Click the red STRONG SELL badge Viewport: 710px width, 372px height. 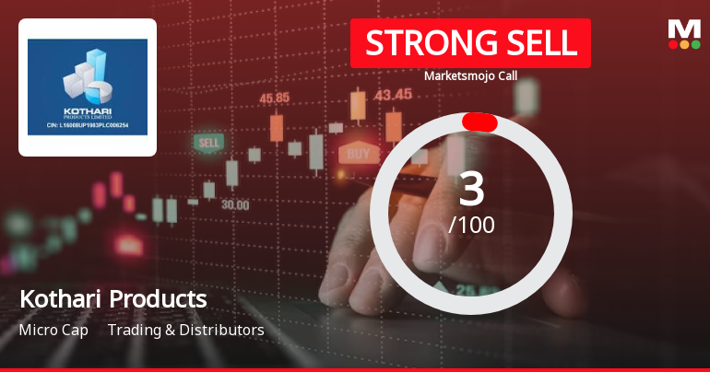point(470,43)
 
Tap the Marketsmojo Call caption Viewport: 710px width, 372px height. point(470,76)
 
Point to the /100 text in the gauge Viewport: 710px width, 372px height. point(471,225)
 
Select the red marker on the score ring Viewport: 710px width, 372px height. point(479,122)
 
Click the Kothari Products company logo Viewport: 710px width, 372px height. point(88,87)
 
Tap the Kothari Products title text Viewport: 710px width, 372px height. point(112,299)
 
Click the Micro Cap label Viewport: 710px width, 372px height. point(53,330)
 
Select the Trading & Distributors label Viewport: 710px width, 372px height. point(186,330)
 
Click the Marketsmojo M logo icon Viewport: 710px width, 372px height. point(684,34)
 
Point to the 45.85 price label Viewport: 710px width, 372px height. point(275,98)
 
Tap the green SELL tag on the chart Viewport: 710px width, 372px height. point(209,143)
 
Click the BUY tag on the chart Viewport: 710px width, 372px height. point(359,153)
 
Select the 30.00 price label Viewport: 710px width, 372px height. point(234,204)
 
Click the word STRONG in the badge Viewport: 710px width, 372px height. point(420,43)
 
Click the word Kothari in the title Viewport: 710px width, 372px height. point(61,299)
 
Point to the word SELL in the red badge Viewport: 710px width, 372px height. point(538,43)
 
